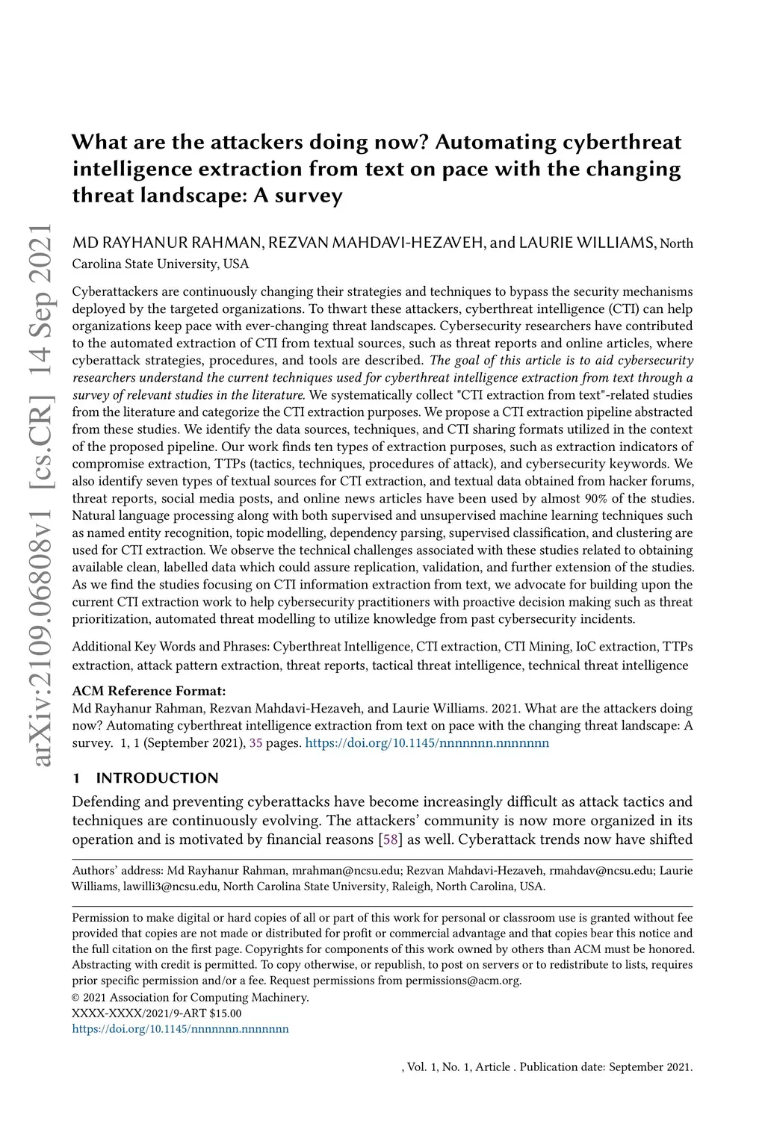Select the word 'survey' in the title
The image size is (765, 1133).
click(x=309, y=196)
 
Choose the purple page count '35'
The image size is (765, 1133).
click(x=255, y=743)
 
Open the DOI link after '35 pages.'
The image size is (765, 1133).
click(x=427, y=743)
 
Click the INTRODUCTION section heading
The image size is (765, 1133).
click(x=157, y=778)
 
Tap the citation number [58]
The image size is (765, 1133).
click(x=389, y=839)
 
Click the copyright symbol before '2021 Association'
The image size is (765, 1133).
click(x=76, y=998)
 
